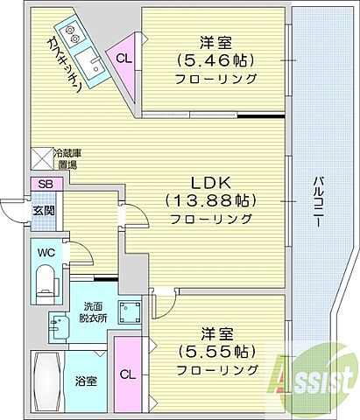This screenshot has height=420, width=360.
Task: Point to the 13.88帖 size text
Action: [210, 199]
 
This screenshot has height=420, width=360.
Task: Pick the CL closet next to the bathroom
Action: [128, 374]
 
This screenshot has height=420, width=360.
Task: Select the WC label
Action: [46, 253]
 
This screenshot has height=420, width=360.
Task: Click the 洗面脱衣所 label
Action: [93, 312]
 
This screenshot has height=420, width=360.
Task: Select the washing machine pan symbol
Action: [135, 313]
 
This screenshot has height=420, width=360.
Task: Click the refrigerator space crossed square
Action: [42, 157]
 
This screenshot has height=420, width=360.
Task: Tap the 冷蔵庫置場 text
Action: [66, 157]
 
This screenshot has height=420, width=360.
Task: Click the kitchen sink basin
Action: [90, 63]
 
